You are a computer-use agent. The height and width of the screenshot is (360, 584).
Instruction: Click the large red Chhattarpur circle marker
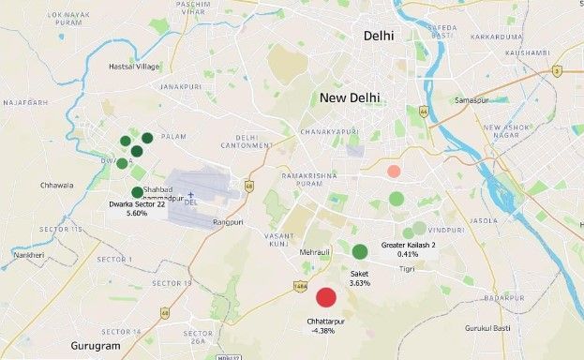click(326, 297)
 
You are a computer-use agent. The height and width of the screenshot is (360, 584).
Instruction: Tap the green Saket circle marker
click(360, 251)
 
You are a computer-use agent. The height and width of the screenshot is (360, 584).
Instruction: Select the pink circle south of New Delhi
click(394, 172)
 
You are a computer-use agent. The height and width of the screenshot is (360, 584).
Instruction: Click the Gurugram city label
click(96, 346)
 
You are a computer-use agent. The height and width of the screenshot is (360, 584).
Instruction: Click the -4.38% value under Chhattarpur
click(321, 330)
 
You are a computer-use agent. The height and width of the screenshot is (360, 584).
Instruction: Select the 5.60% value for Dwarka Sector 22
click(137, 213)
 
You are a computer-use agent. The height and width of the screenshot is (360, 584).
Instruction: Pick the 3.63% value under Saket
click(360, 282)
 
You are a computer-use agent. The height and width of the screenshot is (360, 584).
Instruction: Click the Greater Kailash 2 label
click(409, 245)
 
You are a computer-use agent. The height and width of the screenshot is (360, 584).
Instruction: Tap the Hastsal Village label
click(135, 67)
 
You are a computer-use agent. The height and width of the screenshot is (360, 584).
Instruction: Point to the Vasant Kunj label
click(279, 238)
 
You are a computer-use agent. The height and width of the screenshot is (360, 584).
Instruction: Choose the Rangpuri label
click(229, 222)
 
